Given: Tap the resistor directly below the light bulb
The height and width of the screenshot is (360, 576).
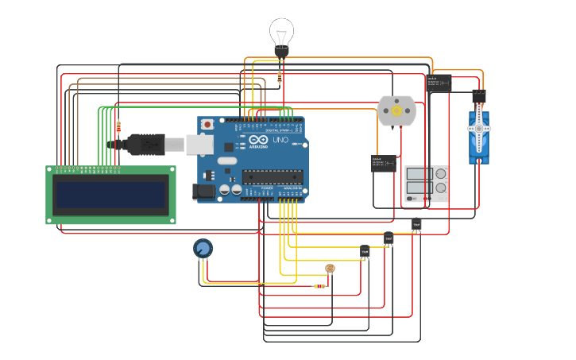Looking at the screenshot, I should click(x=280, y=77).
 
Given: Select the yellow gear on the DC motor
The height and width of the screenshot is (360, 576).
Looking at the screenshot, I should click(x=396, y=111).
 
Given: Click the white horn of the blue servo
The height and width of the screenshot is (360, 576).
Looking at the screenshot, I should click(x=479, y=128).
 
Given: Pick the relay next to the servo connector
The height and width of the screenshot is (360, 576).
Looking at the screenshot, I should click(x=439, y=83).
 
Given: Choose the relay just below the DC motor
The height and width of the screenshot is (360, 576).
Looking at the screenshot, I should click(x=384, y=163).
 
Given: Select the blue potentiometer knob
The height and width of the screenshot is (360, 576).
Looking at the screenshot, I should click(x=203, y=250).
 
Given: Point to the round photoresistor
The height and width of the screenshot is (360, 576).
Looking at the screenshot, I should click(x=331, y=269).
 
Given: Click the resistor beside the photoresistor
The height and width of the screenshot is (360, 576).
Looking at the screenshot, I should click(x=319, y=286).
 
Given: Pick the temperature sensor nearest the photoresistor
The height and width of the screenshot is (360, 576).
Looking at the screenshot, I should click(x=365, y=252).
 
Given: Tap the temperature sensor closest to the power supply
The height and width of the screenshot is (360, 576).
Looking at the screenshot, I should click(x=416, y=226).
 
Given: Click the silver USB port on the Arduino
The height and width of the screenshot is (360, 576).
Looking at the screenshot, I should click(x=197, y=143).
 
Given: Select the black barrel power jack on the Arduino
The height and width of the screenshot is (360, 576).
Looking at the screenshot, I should click(x=203, y=191).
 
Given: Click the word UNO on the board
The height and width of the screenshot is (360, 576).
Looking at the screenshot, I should click(x=280, y=140).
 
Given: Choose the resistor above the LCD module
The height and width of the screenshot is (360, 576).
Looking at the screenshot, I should click(x=118, y=126).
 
